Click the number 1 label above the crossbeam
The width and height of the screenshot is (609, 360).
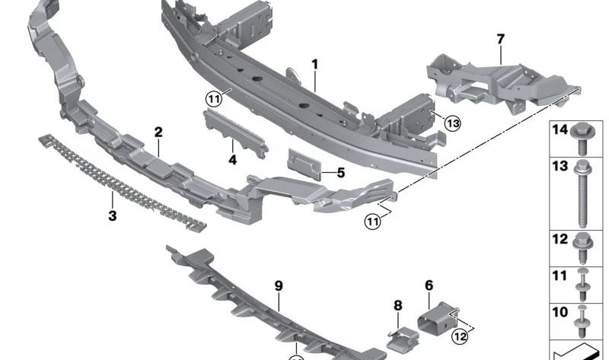click(314, 65)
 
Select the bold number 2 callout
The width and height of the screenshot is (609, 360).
click(158, 132)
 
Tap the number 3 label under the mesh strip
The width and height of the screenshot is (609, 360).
click(112, 216)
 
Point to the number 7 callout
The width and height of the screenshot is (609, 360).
click(500, 37)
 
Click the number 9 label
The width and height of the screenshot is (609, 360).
click(279, 285)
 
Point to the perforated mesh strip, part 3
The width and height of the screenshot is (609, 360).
click(122, 180)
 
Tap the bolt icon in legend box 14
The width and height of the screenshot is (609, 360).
click(585, 138)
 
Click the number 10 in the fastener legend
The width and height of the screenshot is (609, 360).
click(560, 312)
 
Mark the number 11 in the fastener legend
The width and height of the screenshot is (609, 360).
click(560, 276)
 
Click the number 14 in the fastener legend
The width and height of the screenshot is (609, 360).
click(560, 130)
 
